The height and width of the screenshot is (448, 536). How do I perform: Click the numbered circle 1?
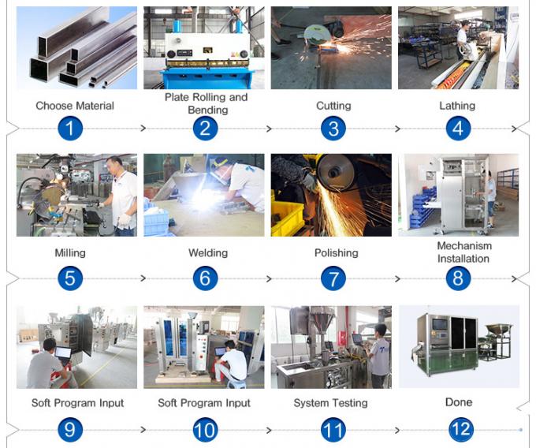pos(69,128)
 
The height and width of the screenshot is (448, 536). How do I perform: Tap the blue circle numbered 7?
pos(333,278)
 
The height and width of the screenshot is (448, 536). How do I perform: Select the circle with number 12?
pos(460,430)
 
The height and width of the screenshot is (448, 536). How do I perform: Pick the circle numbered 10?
pos(205,430)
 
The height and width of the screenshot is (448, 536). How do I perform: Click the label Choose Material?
pos(75,106)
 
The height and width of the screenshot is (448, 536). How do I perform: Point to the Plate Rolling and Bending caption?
pos(206,103)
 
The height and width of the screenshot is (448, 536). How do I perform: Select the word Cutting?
pos(333,106)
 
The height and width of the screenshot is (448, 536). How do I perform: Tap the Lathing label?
pos(457,106)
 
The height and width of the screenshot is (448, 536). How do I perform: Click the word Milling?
pos(70,253)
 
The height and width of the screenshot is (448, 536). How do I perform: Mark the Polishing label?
pos(336,253)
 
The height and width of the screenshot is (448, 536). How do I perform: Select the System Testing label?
pos(330,403)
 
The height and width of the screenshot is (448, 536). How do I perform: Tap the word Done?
pos(459,402)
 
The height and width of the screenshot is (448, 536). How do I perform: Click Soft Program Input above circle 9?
pos(77,403)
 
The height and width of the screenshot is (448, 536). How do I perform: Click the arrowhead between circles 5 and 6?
pos(143,278)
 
